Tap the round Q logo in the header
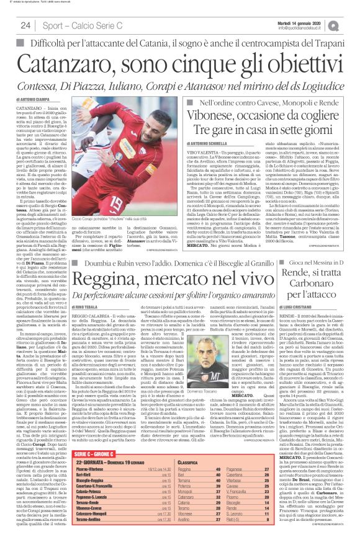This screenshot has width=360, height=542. pos(351,24)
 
